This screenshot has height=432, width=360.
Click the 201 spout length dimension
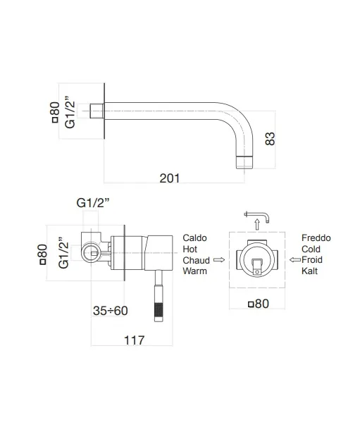pos(169,178)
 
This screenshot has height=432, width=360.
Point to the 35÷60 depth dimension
pos(110,310)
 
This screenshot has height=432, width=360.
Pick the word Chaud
pos(197,260)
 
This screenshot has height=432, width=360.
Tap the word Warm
pos(195,271)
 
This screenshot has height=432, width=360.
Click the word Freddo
pos(316,238)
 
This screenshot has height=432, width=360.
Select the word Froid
pos(312,260)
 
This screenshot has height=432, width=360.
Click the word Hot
pos(190,249)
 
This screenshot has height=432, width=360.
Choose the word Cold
pos(311,249)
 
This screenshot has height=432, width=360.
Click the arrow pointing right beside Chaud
pos(218,260)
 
